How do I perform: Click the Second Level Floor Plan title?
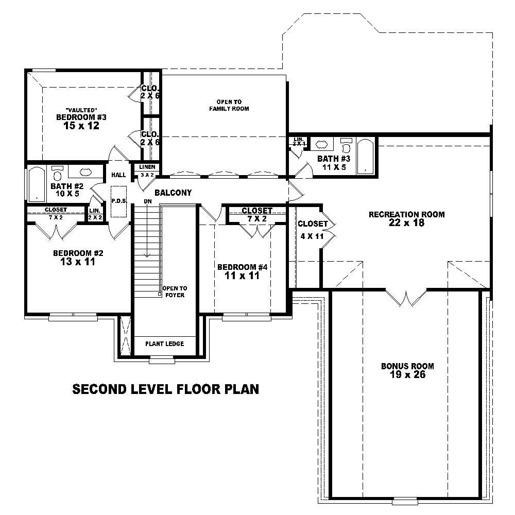tap(165, 389)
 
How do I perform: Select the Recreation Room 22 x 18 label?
tap(406, 218)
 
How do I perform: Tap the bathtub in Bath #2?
tap(36, 183)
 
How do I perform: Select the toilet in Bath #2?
tap(57, 173)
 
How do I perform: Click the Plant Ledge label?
tap(164, 344)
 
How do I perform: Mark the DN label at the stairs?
tap(148, 201)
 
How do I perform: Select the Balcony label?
tap(173, 193)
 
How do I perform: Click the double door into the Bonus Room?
tap(406, 298)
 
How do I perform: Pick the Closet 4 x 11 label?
tap(313, 230)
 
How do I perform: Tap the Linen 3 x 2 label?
tap(147, 170)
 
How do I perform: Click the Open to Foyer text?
tap(175, 291)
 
